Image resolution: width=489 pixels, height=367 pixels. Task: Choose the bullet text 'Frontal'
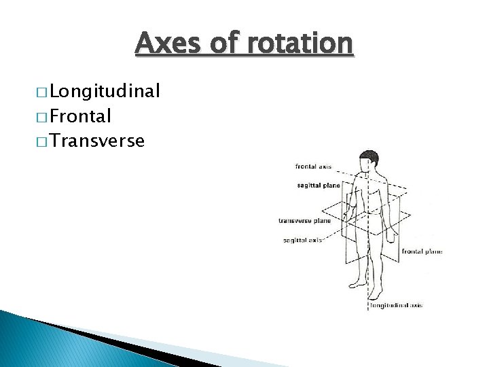pyautogui.click(x=80, y=116)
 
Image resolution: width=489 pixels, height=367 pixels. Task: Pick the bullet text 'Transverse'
pyautogui.click(x=96, y=141)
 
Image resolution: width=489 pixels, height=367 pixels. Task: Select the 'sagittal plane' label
pyautogui.click(x=319, y=185)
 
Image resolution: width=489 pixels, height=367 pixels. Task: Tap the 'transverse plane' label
pyautogui.click(x=304, y=220)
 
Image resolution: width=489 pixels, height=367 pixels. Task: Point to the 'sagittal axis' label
pyautogui.click(x=303, y=240)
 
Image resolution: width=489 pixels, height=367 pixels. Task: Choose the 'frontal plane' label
pyautogui.click(x=422, y=251)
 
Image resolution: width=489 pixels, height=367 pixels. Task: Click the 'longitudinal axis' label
pyautogui.click(x=396, y=305)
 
